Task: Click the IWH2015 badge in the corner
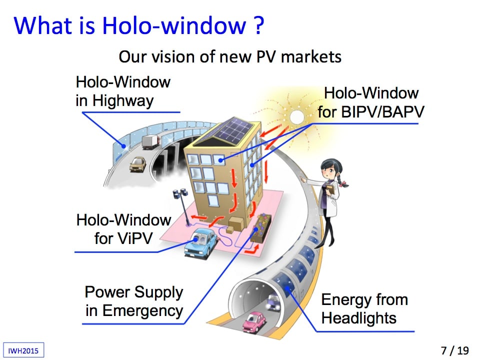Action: (23, 350)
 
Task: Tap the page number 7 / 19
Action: (455, 350)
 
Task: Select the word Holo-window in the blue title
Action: (174, 25)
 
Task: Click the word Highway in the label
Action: (123, 100)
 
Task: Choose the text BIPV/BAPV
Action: (382, 111)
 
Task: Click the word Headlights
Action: (359, 318)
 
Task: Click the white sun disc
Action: (296, 117)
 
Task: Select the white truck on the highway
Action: (151, 142)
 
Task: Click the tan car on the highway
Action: (137, 164)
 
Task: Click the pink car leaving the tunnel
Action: (254, 321)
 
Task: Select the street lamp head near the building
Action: (180, 193)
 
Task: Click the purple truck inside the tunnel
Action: (274, 301)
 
